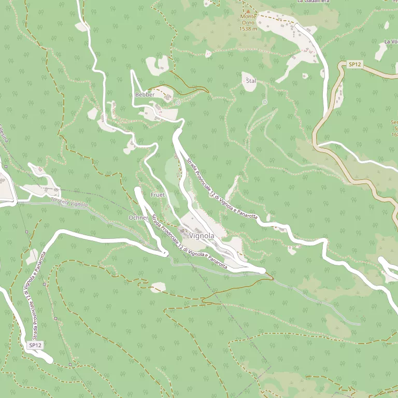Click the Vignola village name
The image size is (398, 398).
coord(202,236)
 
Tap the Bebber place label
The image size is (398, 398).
coord(145,94)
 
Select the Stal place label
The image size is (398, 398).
coord(251,81)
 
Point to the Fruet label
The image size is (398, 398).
coord(157,195)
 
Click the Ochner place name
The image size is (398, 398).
coord(138,218)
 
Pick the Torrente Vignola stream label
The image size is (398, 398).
coord(69,203)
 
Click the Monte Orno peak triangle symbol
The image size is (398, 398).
coord(248,11)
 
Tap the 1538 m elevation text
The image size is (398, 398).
coord(248,29)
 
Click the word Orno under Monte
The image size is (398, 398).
coord(248,23)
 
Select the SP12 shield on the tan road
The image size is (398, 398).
coord(354,64)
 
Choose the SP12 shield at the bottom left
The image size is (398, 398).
coord(35,345)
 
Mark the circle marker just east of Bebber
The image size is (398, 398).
coord(178,103)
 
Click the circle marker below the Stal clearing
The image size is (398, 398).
coord(265,103)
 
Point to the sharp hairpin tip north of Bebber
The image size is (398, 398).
coord(133,71)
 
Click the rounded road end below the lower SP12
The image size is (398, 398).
coord(49,359)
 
